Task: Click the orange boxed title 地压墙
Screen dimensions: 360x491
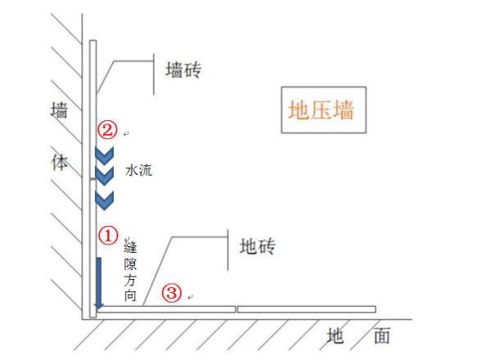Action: pos(321,109)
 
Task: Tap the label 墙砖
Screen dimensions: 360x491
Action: pos(182,70)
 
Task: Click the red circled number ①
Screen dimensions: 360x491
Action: pos(110,234)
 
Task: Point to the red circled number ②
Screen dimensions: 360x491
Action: pos(108,129)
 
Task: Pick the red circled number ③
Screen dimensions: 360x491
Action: pos(171,292)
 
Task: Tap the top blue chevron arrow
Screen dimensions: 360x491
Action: pos(104,154)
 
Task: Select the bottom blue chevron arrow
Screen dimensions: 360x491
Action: pos(104,198)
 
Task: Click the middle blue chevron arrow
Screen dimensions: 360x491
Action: pos(104,175)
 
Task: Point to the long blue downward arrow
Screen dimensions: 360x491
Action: pos(98,283)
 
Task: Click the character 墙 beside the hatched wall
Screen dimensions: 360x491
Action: pos(58,111)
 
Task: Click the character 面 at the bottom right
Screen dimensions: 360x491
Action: pos(381,335)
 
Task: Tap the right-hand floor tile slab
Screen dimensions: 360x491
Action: pos(306,309)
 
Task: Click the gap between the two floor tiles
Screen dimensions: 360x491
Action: pos(236,309)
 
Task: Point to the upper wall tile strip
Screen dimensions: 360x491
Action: pos(94,106)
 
